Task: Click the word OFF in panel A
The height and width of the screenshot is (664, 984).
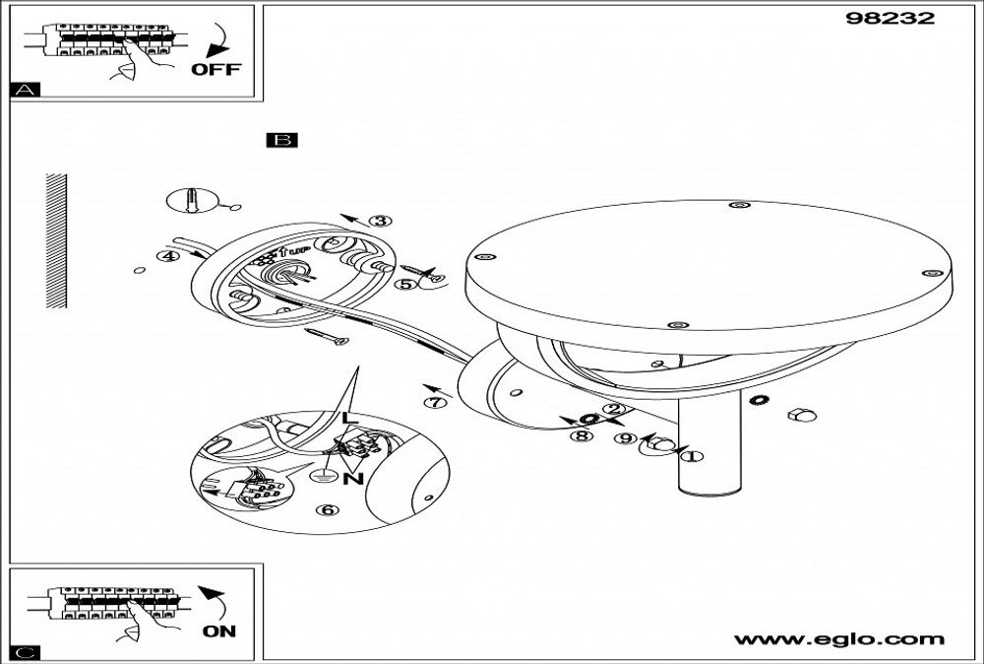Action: [x=215, y=69]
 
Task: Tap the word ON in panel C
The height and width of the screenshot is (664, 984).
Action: [x=219, y=631]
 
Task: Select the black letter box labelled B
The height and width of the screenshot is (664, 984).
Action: [x=281, y=141]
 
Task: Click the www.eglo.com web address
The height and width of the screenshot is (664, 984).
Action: [x=839, y=639]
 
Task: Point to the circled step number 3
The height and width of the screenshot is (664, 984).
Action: [x=381, y=222]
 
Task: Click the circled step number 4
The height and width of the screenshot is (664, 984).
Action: [x=168, y=256]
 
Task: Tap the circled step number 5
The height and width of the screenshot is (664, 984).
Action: [x=404, y=284]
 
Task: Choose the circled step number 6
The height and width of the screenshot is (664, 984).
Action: [x=328, y=510]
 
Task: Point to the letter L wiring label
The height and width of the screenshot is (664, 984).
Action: [x=345, y=419]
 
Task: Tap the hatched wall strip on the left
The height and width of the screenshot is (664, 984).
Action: [x=56, y=241]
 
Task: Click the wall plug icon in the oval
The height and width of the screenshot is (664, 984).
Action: [x=191, y=202]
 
